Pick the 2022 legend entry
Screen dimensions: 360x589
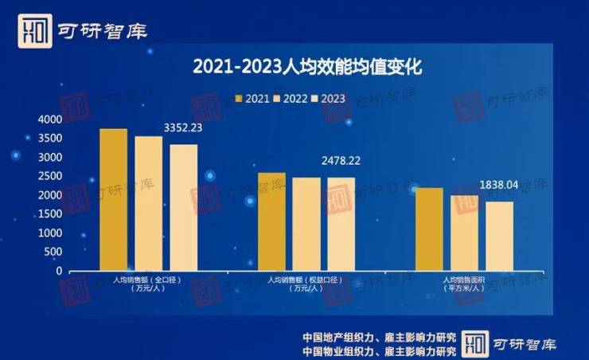coord(294,98)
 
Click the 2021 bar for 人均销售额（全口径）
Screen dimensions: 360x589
coord(114,199)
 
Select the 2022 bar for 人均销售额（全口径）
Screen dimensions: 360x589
coord(149,203)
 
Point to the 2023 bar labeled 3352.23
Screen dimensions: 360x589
coord(184,207)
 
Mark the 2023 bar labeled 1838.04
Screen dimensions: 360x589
coord(499,236)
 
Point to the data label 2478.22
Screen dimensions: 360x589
coord(341,161)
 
